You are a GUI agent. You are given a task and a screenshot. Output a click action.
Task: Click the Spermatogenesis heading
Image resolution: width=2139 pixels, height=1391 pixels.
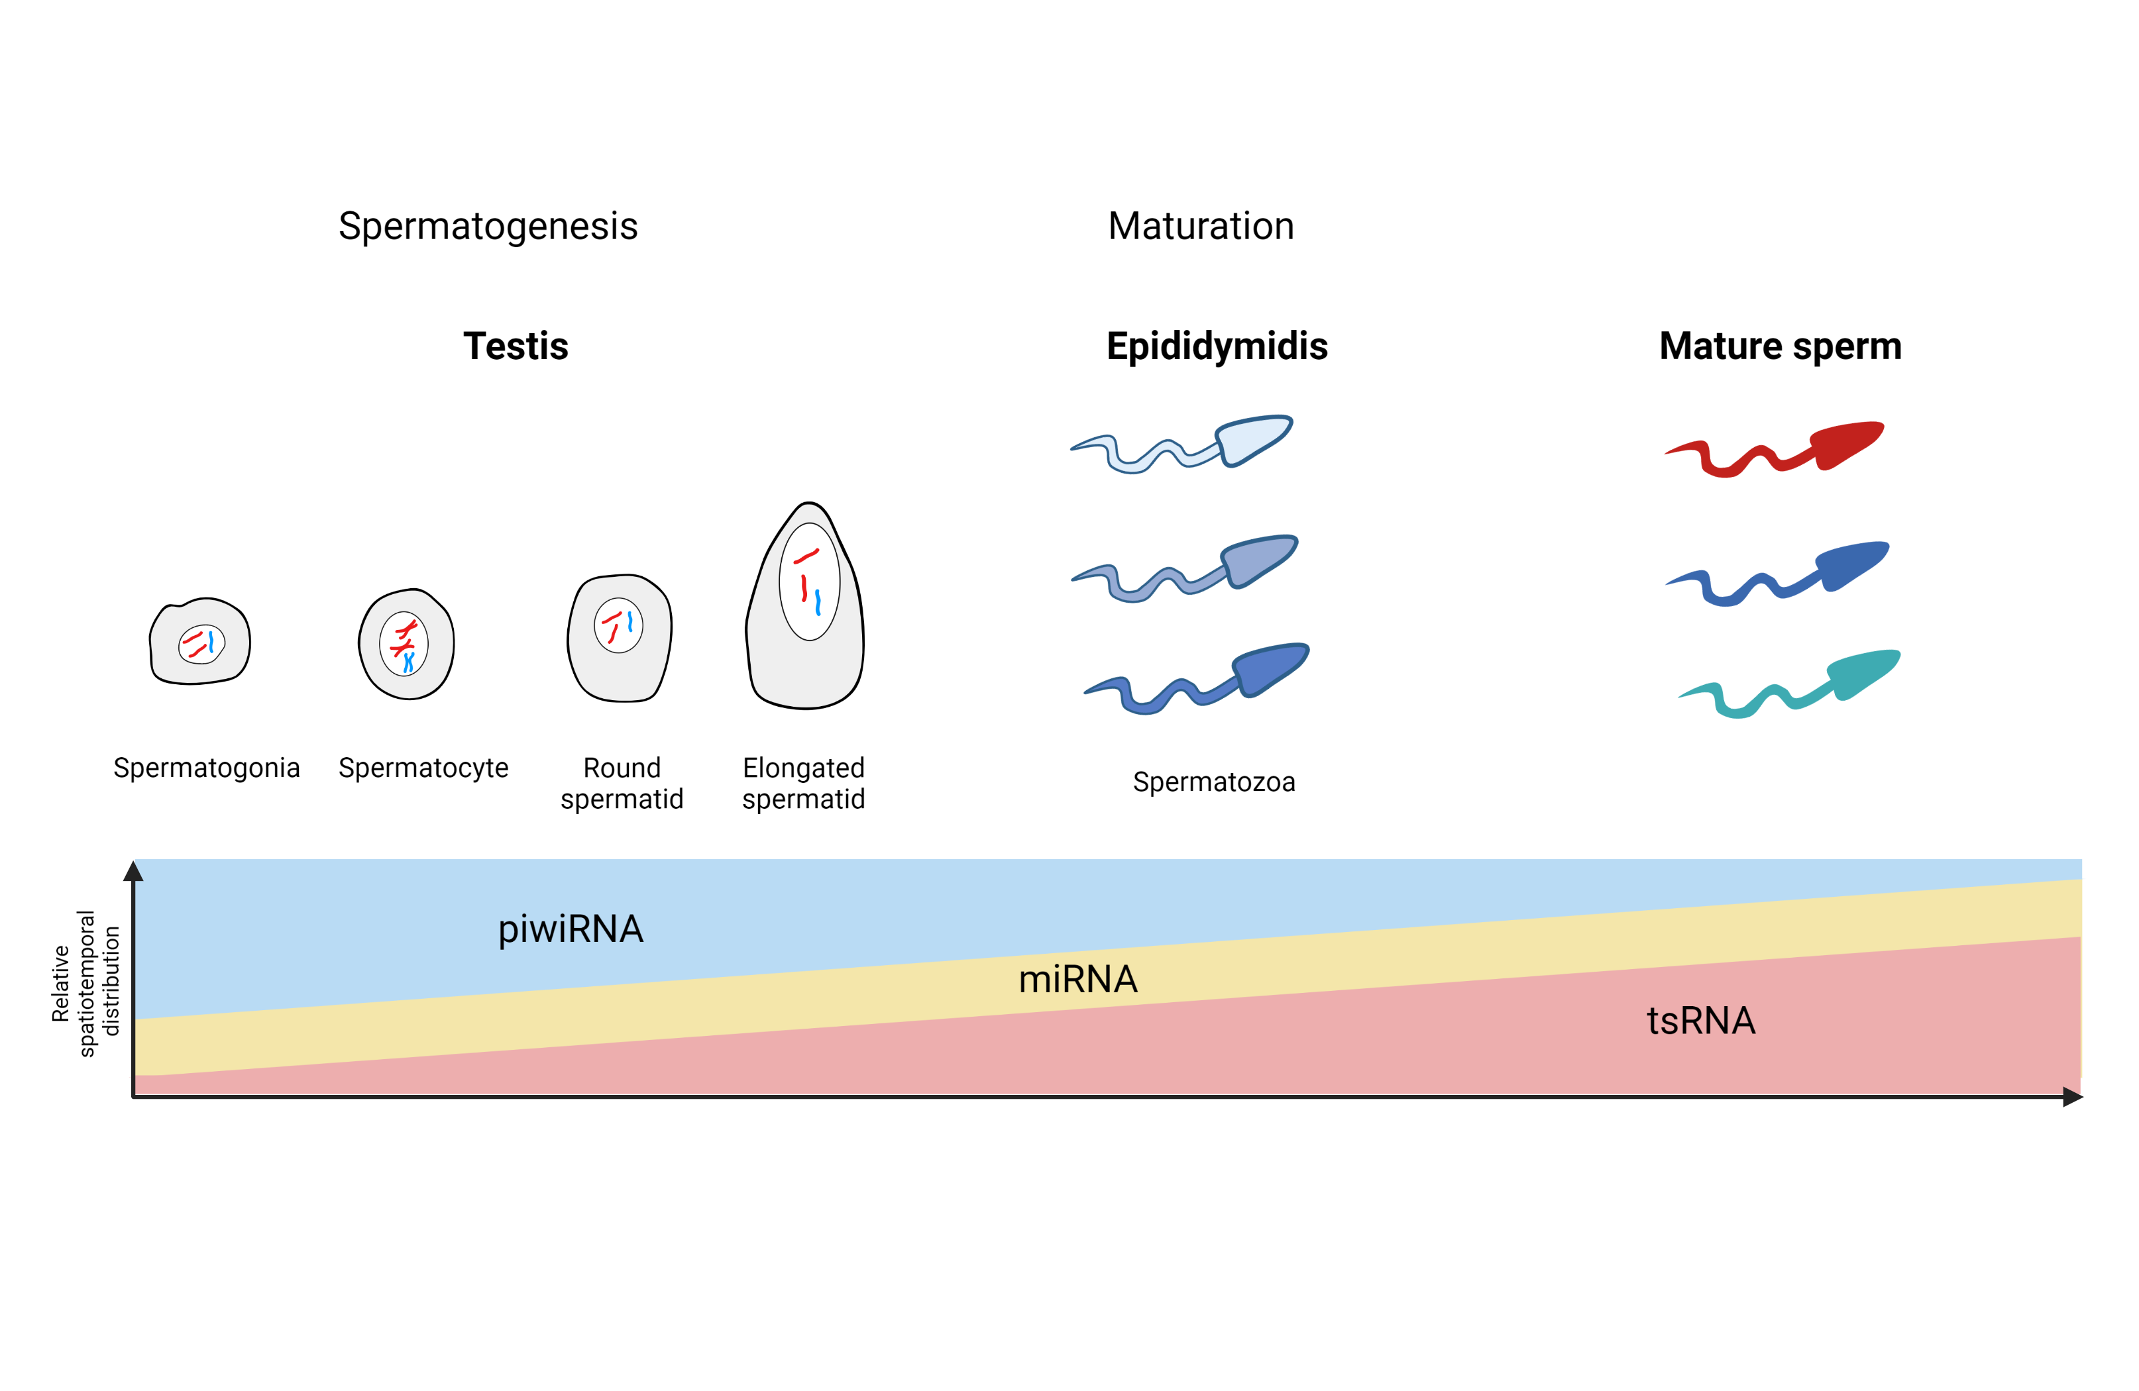[487, 227]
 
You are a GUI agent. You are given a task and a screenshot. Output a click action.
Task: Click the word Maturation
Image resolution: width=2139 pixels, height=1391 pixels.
[1200, 227]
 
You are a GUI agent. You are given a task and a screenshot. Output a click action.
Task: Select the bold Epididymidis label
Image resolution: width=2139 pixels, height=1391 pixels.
[1216, 346]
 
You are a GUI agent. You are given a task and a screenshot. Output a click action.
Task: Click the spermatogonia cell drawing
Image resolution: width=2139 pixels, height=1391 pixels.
[200, 642]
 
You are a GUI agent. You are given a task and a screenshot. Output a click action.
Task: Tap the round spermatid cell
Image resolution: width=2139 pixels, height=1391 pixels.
[619, 638]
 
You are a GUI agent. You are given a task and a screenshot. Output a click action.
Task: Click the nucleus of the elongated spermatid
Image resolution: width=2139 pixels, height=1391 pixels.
[809, 582]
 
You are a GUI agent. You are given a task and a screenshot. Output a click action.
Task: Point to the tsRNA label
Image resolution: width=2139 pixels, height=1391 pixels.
[1700, 1021]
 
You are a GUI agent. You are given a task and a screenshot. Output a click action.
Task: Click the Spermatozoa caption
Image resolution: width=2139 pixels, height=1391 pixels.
[1213, 782]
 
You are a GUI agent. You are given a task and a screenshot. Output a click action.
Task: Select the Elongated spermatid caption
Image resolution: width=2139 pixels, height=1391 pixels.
[804, 783]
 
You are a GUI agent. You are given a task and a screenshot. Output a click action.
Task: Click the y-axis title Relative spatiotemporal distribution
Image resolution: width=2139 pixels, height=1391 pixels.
[85, 983]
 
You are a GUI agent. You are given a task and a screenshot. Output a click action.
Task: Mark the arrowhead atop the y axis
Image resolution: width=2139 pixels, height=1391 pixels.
[134, 871]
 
